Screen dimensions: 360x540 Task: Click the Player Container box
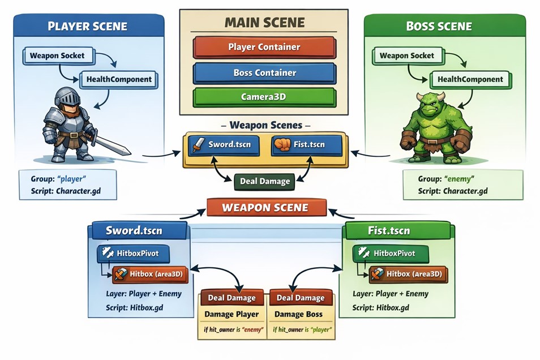click(x=264, y=47)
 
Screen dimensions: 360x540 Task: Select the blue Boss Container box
click(x=264, y=72)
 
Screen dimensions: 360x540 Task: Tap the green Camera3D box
click(x=264, y=97)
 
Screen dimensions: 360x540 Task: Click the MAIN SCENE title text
click(x=264, y=23)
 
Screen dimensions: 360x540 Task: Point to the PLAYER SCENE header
click(x=87, y=27)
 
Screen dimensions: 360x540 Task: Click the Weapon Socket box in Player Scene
click(x=57, y=55)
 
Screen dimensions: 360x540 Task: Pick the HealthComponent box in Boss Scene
click(x=470, y=80)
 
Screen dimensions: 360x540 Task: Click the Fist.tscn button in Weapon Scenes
click(x=306, y=144)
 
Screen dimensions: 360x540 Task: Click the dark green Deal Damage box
click(x=264, y=182)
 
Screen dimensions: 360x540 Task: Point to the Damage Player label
click(x=232, y=314)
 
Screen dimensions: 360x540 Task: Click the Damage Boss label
click(x=298, y=314)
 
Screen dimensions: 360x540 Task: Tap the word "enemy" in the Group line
click(x=459, y=178)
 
